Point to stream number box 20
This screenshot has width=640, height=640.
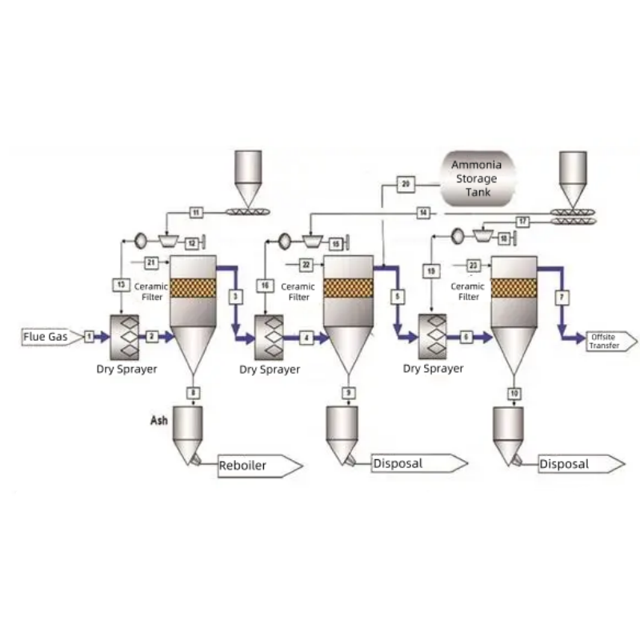406,184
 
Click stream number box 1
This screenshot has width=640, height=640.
90,337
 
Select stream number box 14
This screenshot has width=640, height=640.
423,212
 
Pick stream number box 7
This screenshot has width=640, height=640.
562,297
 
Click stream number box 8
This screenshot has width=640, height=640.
193,392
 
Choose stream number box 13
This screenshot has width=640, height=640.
120,284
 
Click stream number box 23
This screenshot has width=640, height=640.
474,264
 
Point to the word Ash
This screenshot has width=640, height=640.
158,420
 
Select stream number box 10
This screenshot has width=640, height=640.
514,393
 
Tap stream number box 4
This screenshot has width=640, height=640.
307,338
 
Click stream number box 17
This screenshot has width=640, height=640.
523,221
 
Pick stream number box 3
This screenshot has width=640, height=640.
235,297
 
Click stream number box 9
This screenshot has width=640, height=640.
349,392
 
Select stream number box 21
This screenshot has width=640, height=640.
151,262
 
